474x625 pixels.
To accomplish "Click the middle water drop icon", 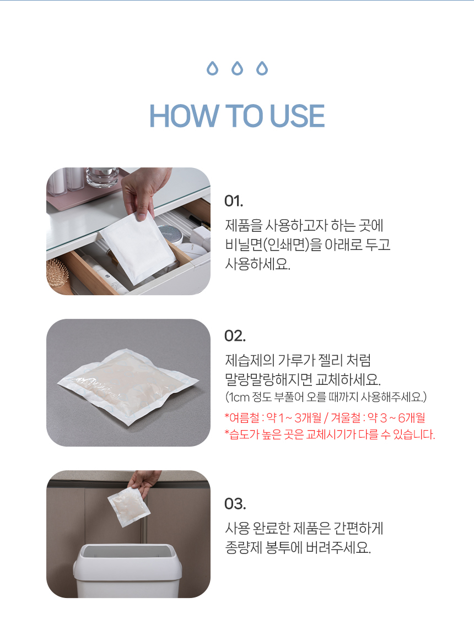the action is point(238,69).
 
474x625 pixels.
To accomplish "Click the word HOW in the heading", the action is point(184,116).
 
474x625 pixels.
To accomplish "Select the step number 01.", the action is point(233,202).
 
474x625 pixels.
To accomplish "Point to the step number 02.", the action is point(235,336).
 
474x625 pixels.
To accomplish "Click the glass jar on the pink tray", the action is point(103,177).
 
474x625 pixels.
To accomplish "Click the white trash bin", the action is point(127,571).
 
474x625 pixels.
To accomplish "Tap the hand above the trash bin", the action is point(145,480).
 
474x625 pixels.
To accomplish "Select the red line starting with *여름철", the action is point(325,418).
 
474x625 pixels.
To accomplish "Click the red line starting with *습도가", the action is point(330,434).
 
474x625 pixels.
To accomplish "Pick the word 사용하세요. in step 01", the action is point(258,264).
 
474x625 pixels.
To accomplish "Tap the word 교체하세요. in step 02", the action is point(348,379).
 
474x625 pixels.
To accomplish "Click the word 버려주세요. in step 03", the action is point(338,548).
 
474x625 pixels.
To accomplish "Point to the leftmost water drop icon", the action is point(213,69).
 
